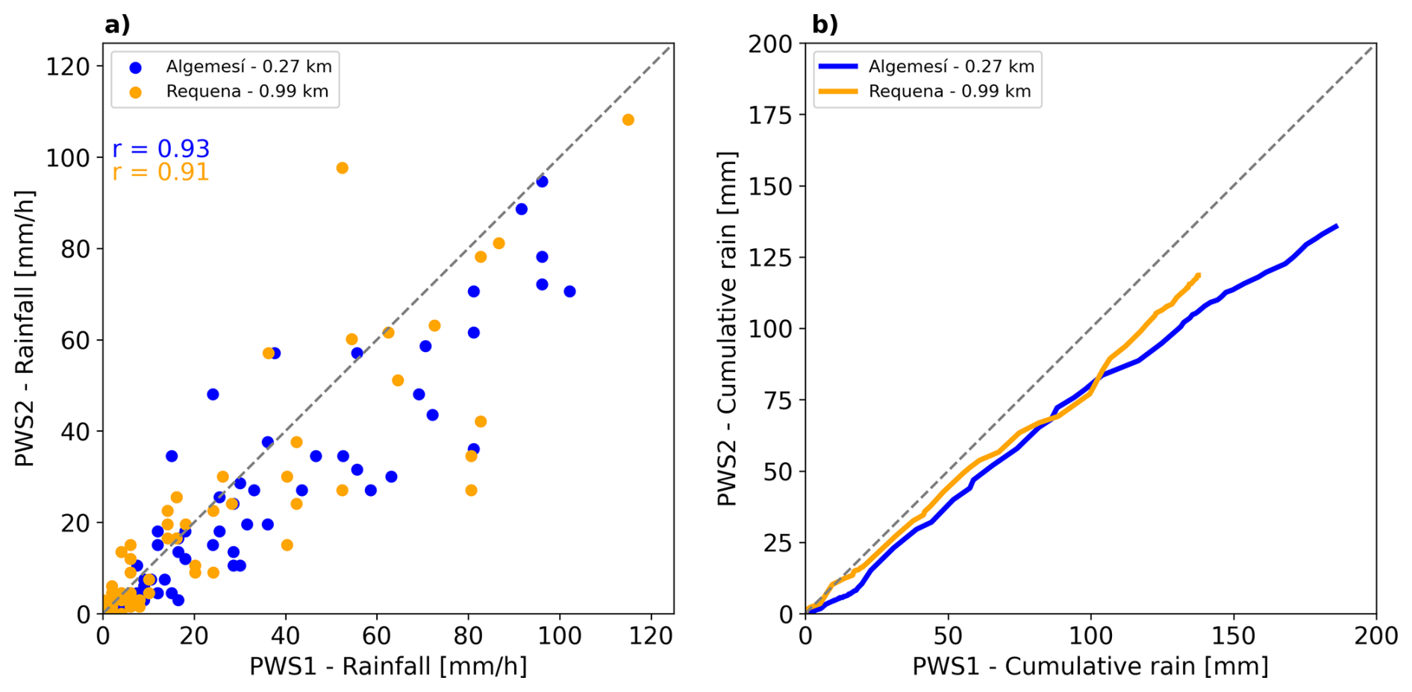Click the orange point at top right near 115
tap(628, 120)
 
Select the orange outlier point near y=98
tap(342, 168)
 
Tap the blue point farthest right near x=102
tap(569, 292)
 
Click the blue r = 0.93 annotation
tap(160, 149)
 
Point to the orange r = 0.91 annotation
tap(160, 172)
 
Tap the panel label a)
tap(117, 25)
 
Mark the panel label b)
tap(825, 25)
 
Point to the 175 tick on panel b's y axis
tap(770, 115)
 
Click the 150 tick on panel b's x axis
tap(1234, 636)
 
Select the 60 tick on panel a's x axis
tap(376, 636)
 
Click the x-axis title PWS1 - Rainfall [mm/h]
tap(388, 666)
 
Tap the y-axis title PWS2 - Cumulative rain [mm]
tap(727, 328)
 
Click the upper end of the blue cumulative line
tap(1336, 226)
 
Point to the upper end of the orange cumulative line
tap(1199, 275)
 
